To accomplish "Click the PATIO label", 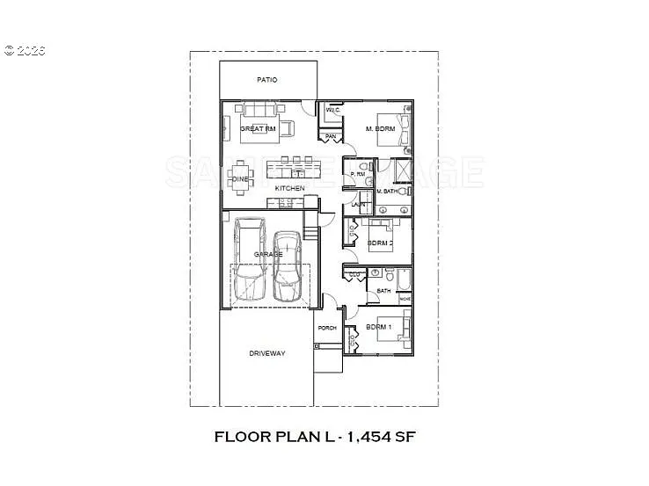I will [x=267, y=80].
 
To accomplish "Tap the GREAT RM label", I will [x=259, y=129].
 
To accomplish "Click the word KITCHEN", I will [x=289, y=189].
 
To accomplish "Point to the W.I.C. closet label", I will [x=332, y=111].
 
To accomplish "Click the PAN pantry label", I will [x=331, y=137].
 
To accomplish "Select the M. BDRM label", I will [x=381, y=129].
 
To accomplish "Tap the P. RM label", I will [x=358, y=174].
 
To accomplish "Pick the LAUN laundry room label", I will [x=358, y=205].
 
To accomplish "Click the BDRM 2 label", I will [x=380, y=242].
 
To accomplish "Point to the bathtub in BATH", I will [x=403, y=280].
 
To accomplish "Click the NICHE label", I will [x=405, y=299].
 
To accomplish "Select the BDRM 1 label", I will [x=378, y=327].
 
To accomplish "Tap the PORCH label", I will [x=326, y=329].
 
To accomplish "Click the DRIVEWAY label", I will [x=267, y=354].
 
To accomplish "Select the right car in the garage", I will [x=288, y=265].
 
